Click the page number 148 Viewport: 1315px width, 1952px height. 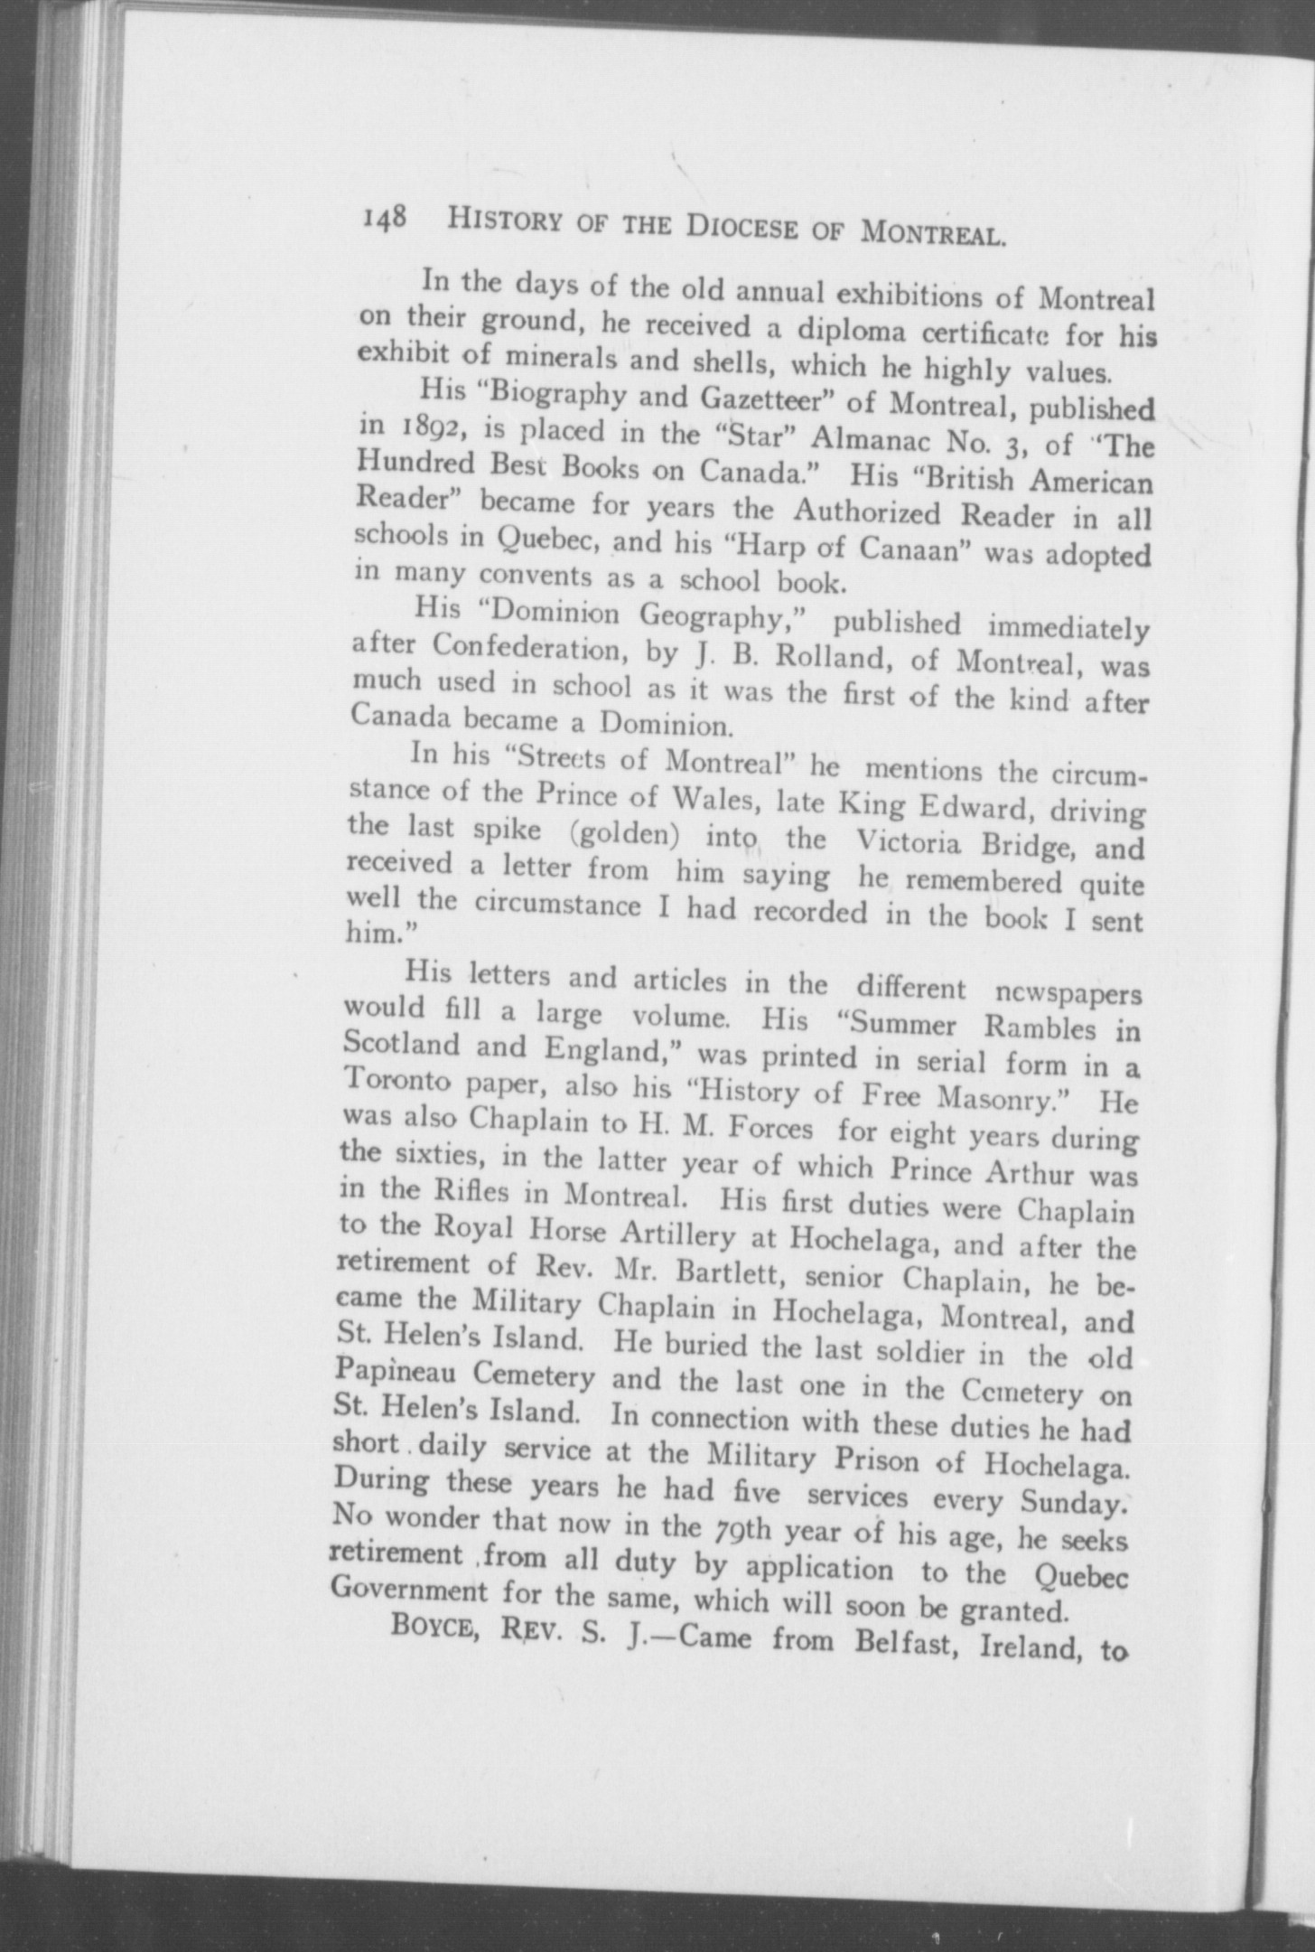tap(386, 220)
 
